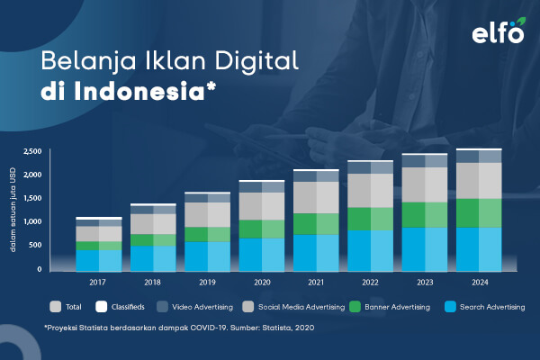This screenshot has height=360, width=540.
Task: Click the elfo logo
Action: [499, 31]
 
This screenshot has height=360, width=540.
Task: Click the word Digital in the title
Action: [256, 62]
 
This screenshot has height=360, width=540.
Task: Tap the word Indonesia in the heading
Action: [139, 91]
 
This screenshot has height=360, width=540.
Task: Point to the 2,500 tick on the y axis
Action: [32, 151]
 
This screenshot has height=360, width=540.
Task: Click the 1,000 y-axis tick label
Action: [32, 221]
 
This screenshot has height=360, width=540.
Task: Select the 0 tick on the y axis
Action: [40, 269]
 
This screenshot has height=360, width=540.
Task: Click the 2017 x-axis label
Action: [97, 283]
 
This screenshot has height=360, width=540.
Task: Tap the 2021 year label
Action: [316, 283]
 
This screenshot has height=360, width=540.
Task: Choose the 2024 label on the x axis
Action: [480, 283]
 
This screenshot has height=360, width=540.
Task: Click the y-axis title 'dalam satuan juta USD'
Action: [13, 210]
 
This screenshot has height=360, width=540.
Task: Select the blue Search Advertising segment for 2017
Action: [99, 261]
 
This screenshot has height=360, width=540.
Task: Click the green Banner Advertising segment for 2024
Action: [479, 213]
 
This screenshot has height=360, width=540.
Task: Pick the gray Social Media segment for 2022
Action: [371, 191]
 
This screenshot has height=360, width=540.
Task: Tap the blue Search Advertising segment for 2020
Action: [262, 255]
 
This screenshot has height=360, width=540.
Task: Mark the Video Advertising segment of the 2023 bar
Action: [425, 161]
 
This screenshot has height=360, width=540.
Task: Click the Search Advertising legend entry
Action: [485, 307]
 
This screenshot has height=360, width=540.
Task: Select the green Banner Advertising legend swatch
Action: [355, 307]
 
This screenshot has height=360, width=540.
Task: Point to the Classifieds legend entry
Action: [120, 307]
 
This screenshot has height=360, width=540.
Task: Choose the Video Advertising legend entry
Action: [195, 307]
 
